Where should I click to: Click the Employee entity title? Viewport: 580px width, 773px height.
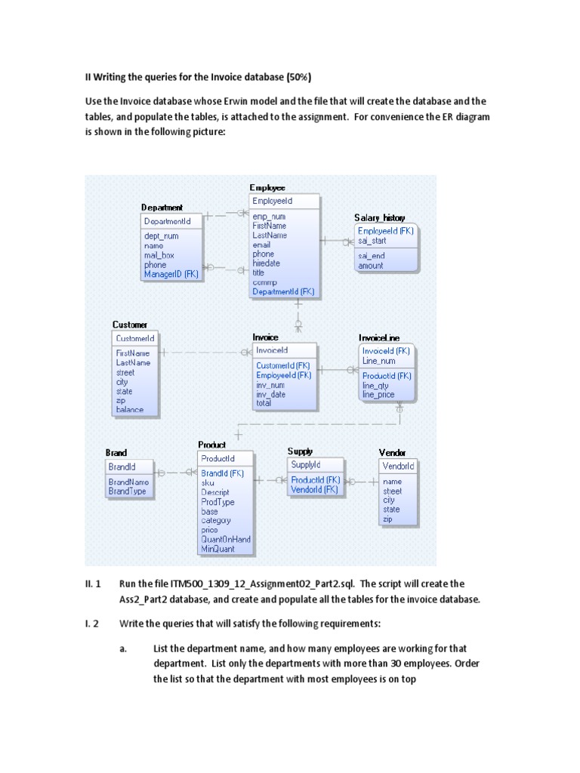[267, 187]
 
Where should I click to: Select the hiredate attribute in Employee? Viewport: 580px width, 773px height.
[266, 263]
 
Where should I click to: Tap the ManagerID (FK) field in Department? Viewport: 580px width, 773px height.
[171, 275]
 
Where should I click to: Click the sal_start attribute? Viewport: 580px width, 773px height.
[372, 241]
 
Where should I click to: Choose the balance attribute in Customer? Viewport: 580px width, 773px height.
[129, 410]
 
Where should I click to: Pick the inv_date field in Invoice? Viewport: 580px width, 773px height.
[270, 394]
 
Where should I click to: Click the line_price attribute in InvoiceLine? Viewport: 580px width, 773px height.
[378, 394]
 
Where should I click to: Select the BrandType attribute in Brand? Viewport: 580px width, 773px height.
[127, 491]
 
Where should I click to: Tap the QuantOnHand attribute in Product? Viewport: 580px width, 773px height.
[226, 540]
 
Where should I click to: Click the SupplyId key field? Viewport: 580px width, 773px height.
[306, 465]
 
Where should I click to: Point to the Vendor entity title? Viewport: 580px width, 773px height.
[392, 453]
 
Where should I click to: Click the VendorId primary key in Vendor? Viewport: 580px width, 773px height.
[398, 467]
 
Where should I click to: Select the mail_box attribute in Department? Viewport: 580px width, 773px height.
[159, 255]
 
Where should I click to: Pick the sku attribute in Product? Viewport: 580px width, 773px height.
[208, 483]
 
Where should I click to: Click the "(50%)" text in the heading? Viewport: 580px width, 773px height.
[295, 76]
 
